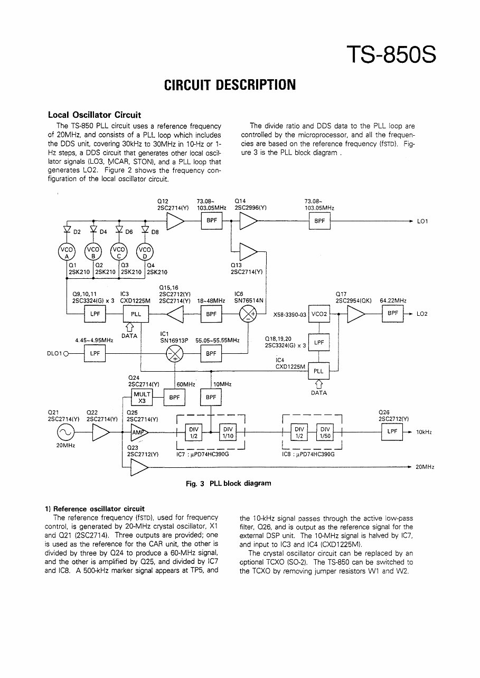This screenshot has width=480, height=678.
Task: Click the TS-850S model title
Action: click(x=391, y=54)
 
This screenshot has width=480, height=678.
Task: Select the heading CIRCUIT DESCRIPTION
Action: click(x=230, y=85)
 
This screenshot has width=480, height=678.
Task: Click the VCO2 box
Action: click(x=319, y=314)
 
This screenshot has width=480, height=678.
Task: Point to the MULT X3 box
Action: click(x=142, y=397)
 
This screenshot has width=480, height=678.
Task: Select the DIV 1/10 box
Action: click(x=228, y=432)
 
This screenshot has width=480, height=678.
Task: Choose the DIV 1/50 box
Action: click(x=325, y=432)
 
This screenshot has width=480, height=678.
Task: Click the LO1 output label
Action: click(x=422, y=222)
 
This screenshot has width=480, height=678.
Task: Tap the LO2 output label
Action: click(x=422, y=314)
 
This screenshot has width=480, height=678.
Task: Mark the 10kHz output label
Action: click(x=423, y=432)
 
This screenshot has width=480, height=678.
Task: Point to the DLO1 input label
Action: click(x=55, y=354)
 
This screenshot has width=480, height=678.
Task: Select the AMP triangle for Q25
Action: click(x=139, y=432)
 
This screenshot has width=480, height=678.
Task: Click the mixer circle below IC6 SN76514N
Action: click(x=247, y=314)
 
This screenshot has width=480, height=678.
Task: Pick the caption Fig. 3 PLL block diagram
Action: click(x=229, y=483)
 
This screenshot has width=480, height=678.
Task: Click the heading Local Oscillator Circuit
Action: click(x=95, y=115)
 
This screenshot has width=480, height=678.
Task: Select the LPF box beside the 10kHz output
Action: click(x=391, y=432)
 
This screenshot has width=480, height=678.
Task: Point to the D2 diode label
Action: click(x=77, y=232)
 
